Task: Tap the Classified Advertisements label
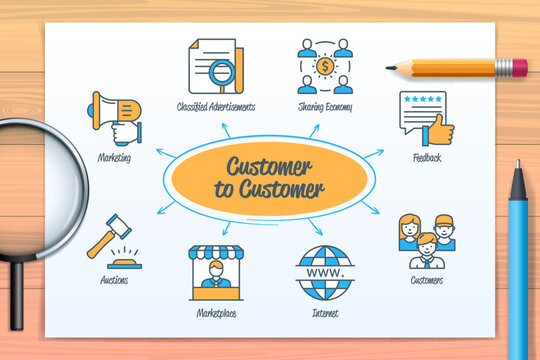pos(216,106)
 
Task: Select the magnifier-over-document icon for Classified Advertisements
pos(213,66)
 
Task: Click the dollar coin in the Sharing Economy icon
pos(325,66)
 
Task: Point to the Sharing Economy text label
pos(325,106)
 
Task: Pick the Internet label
pos(325,313)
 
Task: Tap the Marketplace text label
pos(216,313)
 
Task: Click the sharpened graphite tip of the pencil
pos(390,68)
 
